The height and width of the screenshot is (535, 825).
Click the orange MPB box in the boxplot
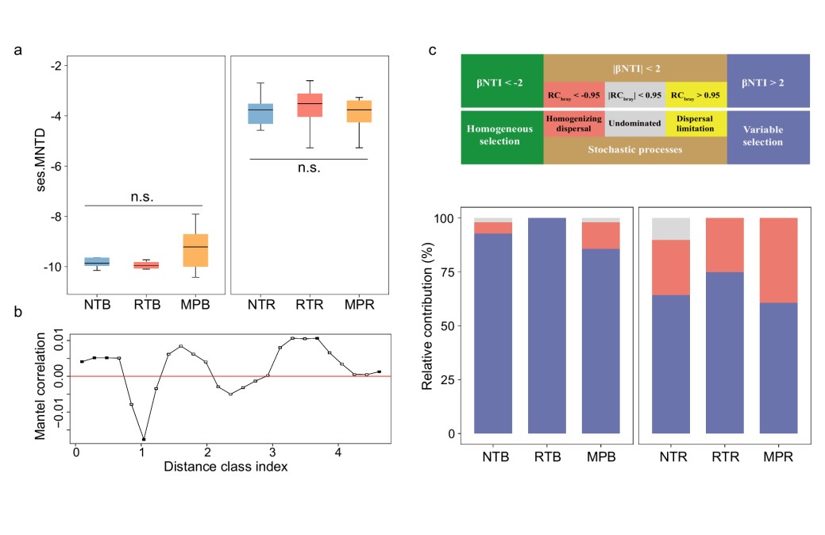pos(195,250)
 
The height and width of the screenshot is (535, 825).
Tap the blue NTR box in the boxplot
pos(260,114)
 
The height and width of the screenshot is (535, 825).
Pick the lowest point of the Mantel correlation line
pos(144,439)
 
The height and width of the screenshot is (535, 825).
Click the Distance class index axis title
pos(226,467)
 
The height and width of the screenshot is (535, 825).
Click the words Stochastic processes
pos(635,149)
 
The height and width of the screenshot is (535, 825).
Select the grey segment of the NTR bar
pos(669,229)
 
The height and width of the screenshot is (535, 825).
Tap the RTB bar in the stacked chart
pos(546,325)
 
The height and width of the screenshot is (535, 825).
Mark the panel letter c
pos(432,51)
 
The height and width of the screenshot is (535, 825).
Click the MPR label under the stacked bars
pos(778,458)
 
